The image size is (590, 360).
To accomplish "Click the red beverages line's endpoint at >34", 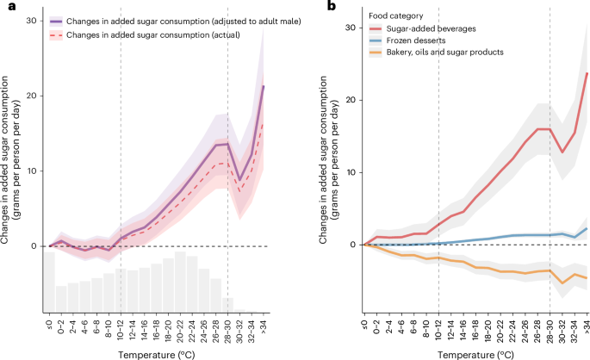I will pyautogui.click(x=587, y=73).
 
